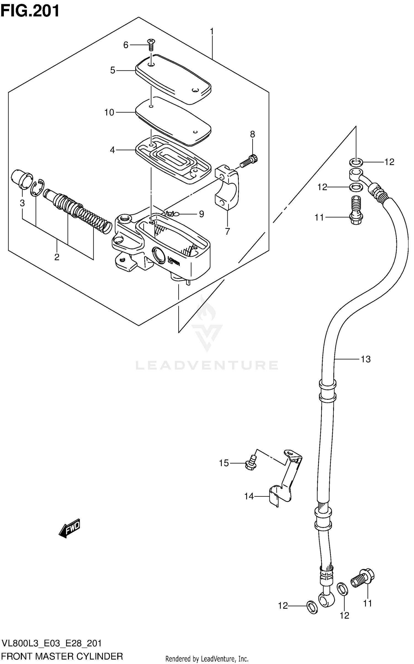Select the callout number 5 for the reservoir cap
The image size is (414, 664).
[113, 70]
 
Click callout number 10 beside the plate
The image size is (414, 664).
[109, 113]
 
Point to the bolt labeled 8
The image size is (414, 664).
[249, 161]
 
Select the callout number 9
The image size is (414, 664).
[201, 214]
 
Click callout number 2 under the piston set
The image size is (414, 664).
[57, 257]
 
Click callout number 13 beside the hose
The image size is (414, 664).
[365, 359]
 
